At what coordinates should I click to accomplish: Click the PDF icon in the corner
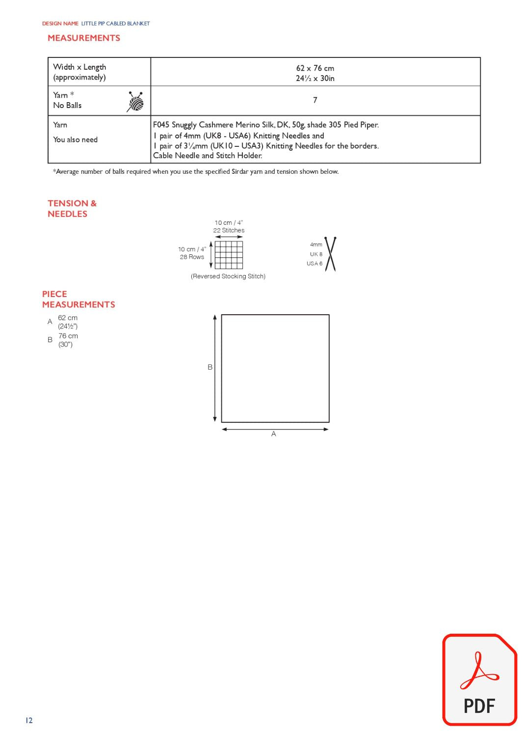pyautogui.click(x=479, y=679)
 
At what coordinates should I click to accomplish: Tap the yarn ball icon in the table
pyautogui.click(x=135, y=101)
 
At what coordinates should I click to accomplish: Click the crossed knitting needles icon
pyautogui.click(x=331, y=254)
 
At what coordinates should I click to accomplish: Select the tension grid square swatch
pyautogui.click(x=229, y=255)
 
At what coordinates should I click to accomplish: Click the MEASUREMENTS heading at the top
pyautogui.click(x=84, y=38)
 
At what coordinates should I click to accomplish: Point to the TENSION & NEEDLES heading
pyautogui.click(x=72, y=209)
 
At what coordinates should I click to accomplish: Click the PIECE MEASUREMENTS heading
pyautogui.click(x=78, y=299)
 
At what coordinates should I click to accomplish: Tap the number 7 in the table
pyautogui.click(x=315, y=100)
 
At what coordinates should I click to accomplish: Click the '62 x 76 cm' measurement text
pyautogui.click(x=315, y=68)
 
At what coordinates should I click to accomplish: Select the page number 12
pyautogui.click(x=29, y=720)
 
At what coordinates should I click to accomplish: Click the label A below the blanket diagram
pyautogui.click(x=274, y=434)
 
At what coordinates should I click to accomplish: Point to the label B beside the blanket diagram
pyautogui.click(x=210, y=367)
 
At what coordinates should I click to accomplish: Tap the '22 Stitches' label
pyautogui.click(x=229, y=230)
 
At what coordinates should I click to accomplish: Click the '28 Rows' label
pyautogui.click(x=192, y=257)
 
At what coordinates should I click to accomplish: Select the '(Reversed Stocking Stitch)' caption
pyautogui.click(x=228, y=276)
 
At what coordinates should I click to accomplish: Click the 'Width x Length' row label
pyautogui.click(x=79, y=67)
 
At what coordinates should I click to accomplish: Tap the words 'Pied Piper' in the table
pyautogui.click(x=361, y=125)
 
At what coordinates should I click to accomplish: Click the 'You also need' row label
pyautogui.click(x=76, y=140)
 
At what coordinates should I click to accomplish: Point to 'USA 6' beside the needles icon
pyautogui.click(x=314, y=264)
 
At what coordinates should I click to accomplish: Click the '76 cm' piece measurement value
pyautogui.click(x=68, y=336)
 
